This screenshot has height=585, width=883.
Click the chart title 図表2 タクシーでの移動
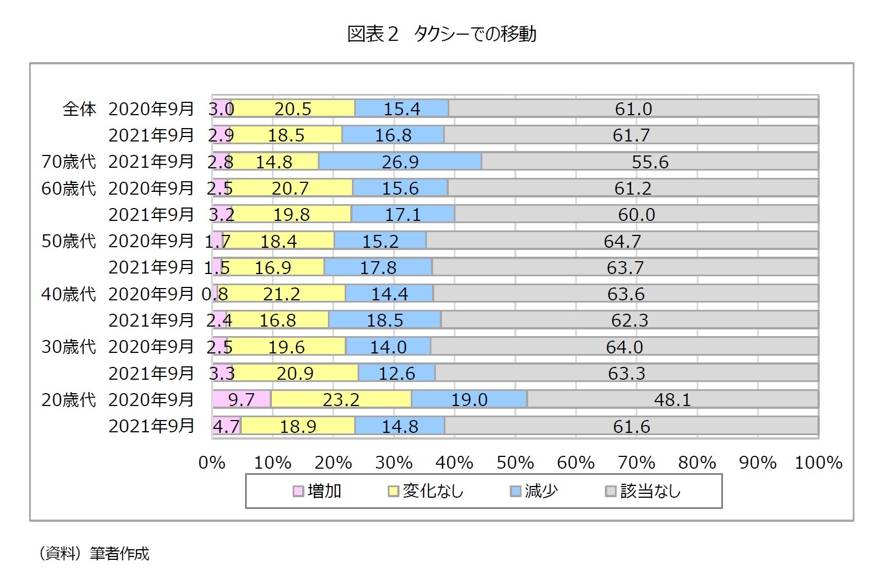(441, 34)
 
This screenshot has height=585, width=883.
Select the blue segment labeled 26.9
(400, 162)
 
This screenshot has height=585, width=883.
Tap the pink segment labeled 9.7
(241, 399)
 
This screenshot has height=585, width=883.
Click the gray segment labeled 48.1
(672, 399)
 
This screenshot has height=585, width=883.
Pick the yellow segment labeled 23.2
(341, 399)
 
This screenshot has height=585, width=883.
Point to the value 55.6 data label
(650, 162)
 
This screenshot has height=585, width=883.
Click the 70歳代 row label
(68, 162)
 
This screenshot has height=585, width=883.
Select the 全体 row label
(79, 108)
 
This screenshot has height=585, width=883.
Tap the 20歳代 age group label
(68, 399)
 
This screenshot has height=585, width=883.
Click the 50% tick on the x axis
(515, 463)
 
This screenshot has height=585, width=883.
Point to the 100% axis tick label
(818, 463)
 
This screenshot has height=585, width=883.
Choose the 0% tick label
(212, 463)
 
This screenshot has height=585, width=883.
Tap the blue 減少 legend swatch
(515, 491)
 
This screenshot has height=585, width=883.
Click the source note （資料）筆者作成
(94, 554)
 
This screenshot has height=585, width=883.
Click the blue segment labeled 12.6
(396, 373)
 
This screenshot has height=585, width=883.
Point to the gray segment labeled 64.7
(622, 241)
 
